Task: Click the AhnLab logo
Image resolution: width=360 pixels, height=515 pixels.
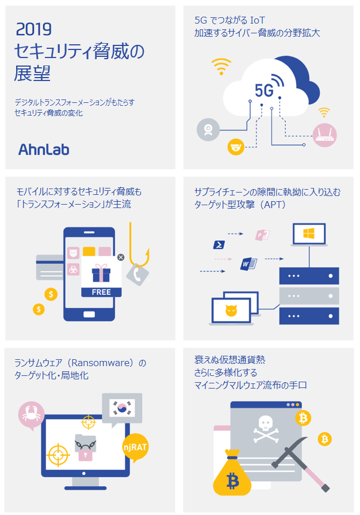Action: point(44,149)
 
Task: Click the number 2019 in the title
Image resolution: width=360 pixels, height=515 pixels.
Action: point(34,29)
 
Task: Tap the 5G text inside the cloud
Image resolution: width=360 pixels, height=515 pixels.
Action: point(264,90)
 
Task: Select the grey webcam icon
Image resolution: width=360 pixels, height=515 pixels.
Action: point(208,130)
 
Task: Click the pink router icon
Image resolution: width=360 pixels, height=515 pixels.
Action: point(324,135)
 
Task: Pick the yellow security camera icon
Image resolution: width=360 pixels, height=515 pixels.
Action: point(236,147)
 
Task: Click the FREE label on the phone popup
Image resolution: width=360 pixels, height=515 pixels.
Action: point(101,292)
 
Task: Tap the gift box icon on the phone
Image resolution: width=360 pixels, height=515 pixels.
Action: point(101,273)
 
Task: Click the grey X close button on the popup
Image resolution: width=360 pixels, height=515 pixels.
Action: point(121,257)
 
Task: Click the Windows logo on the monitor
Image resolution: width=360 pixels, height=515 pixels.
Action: point(309,233)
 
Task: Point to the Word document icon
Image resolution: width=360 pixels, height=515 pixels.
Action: point(248,264)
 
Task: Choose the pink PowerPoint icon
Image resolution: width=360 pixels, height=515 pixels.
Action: point(262,235)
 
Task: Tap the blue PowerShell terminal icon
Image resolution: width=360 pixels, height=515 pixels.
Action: point(219,245)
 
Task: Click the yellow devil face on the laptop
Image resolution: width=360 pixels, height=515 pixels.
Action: point(231,310)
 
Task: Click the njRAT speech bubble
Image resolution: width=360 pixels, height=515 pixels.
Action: point(135,447)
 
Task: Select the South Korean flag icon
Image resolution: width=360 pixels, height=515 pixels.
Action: point(122,408)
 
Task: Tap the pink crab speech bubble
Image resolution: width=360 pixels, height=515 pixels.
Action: point(31,415)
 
